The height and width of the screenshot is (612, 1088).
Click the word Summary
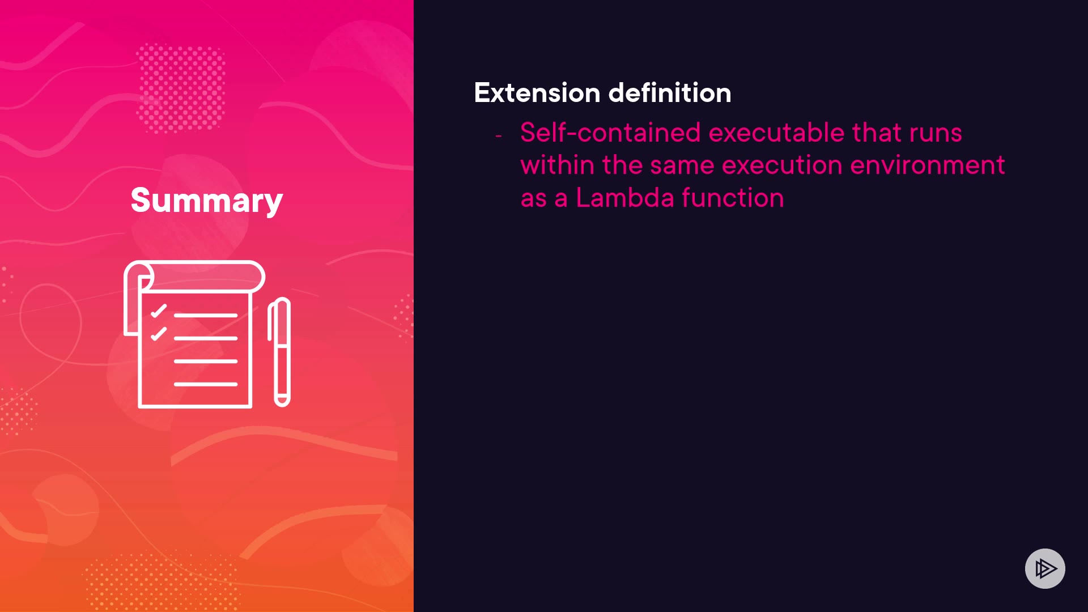pyautogui.click(x=207, y=201)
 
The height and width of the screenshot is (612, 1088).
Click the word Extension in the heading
pyautogui.click(x=537, y=92)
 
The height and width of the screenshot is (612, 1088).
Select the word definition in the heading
pyautogui.click(x=670, y=92)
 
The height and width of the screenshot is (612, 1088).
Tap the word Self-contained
pyautogui.click(x=611, y=133)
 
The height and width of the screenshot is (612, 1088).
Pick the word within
pyautogui.click(x=558, y=165)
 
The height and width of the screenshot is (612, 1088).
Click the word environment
pyautogui.click(x=928, y=165)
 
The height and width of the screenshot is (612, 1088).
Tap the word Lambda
pyautogui.click(x=625, y=198)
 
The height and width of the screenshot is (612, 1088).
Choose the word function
pyautogui.click(x=733, y=198)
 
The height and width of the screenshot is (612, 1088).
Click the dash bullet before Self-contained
pyautogui.click(x=499, y=136)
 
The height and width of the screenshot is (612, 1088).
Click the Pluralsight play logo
pyautogui.click(x=1045, y=568)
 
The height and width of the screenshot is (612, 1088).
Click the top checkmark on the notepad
pyautogui.click(x=159, y=311)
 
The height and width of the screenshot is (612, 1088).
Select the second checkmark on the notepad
pyautogui.click(x=159, y=334)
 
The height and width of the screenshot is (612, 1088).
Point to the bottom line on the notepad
pyautogui.click(x=206, y=384)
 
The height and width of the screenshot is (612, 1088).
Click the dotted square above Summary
pyautogui.click(x=181, y=88)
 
